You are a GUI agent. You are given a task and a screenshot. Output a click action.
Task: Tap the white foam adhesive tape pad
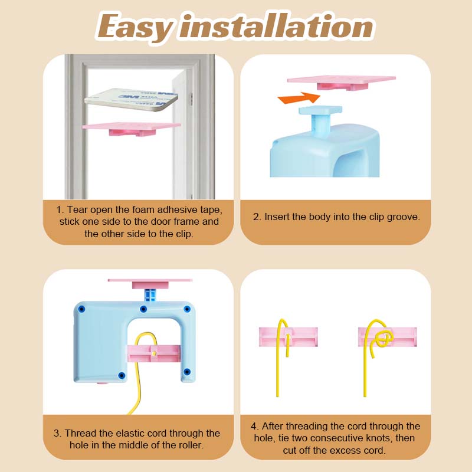[131, 99]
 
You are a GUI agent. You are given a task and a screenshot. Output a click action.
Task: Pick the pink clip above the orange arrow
[340, 82]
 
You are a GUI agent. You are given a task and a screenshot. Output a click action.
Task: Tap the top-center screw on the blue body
[143, 309]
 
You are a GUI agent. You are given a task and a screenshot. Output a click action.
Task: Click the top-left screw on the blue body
[80, 308]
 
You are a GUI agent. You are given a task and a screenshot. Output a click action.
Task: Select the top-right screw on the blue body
[187, 309]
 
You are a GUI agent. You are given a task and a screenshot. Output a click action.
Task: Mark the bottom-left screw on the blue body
[122, 375]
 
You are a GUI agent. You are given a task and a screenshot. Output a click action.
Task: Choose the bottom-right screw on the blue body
[187, 371]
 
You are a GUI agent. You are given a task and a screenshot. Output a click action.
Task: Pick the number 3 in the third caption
[58, 434]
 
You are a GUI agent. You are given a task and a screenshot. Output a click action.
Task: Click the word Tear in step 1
[77, 209]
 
